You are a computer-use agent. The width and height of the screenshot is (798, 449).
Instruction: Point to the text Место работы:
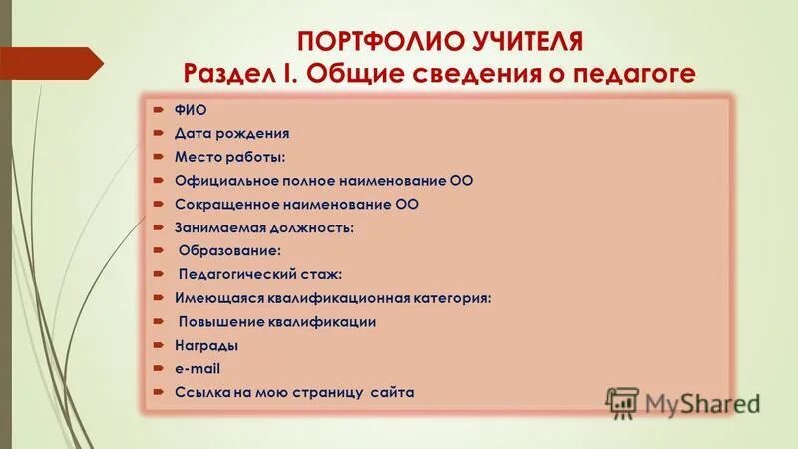pos(229,156)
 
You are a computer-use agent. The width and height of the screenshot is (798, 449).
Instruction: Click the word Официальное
pos(223,180)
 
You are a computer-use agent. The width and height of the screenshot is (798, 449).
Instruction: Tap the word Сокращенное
pos(218,204)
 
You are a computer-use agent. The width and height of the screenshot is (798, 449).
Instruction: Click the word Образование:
pos(228,251)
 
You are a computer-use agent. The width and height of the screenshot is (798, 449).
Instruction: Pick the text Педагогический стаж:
pos(258,274)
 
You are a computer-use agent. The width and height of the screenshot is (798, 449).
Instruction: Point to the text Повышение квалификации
pos(276,322)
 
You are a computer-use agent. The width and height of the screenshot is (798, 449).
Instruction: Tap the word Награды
pos(205,345)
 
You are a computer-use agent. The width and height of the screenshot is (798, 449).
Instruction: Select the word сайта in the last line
pos(391,393)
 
